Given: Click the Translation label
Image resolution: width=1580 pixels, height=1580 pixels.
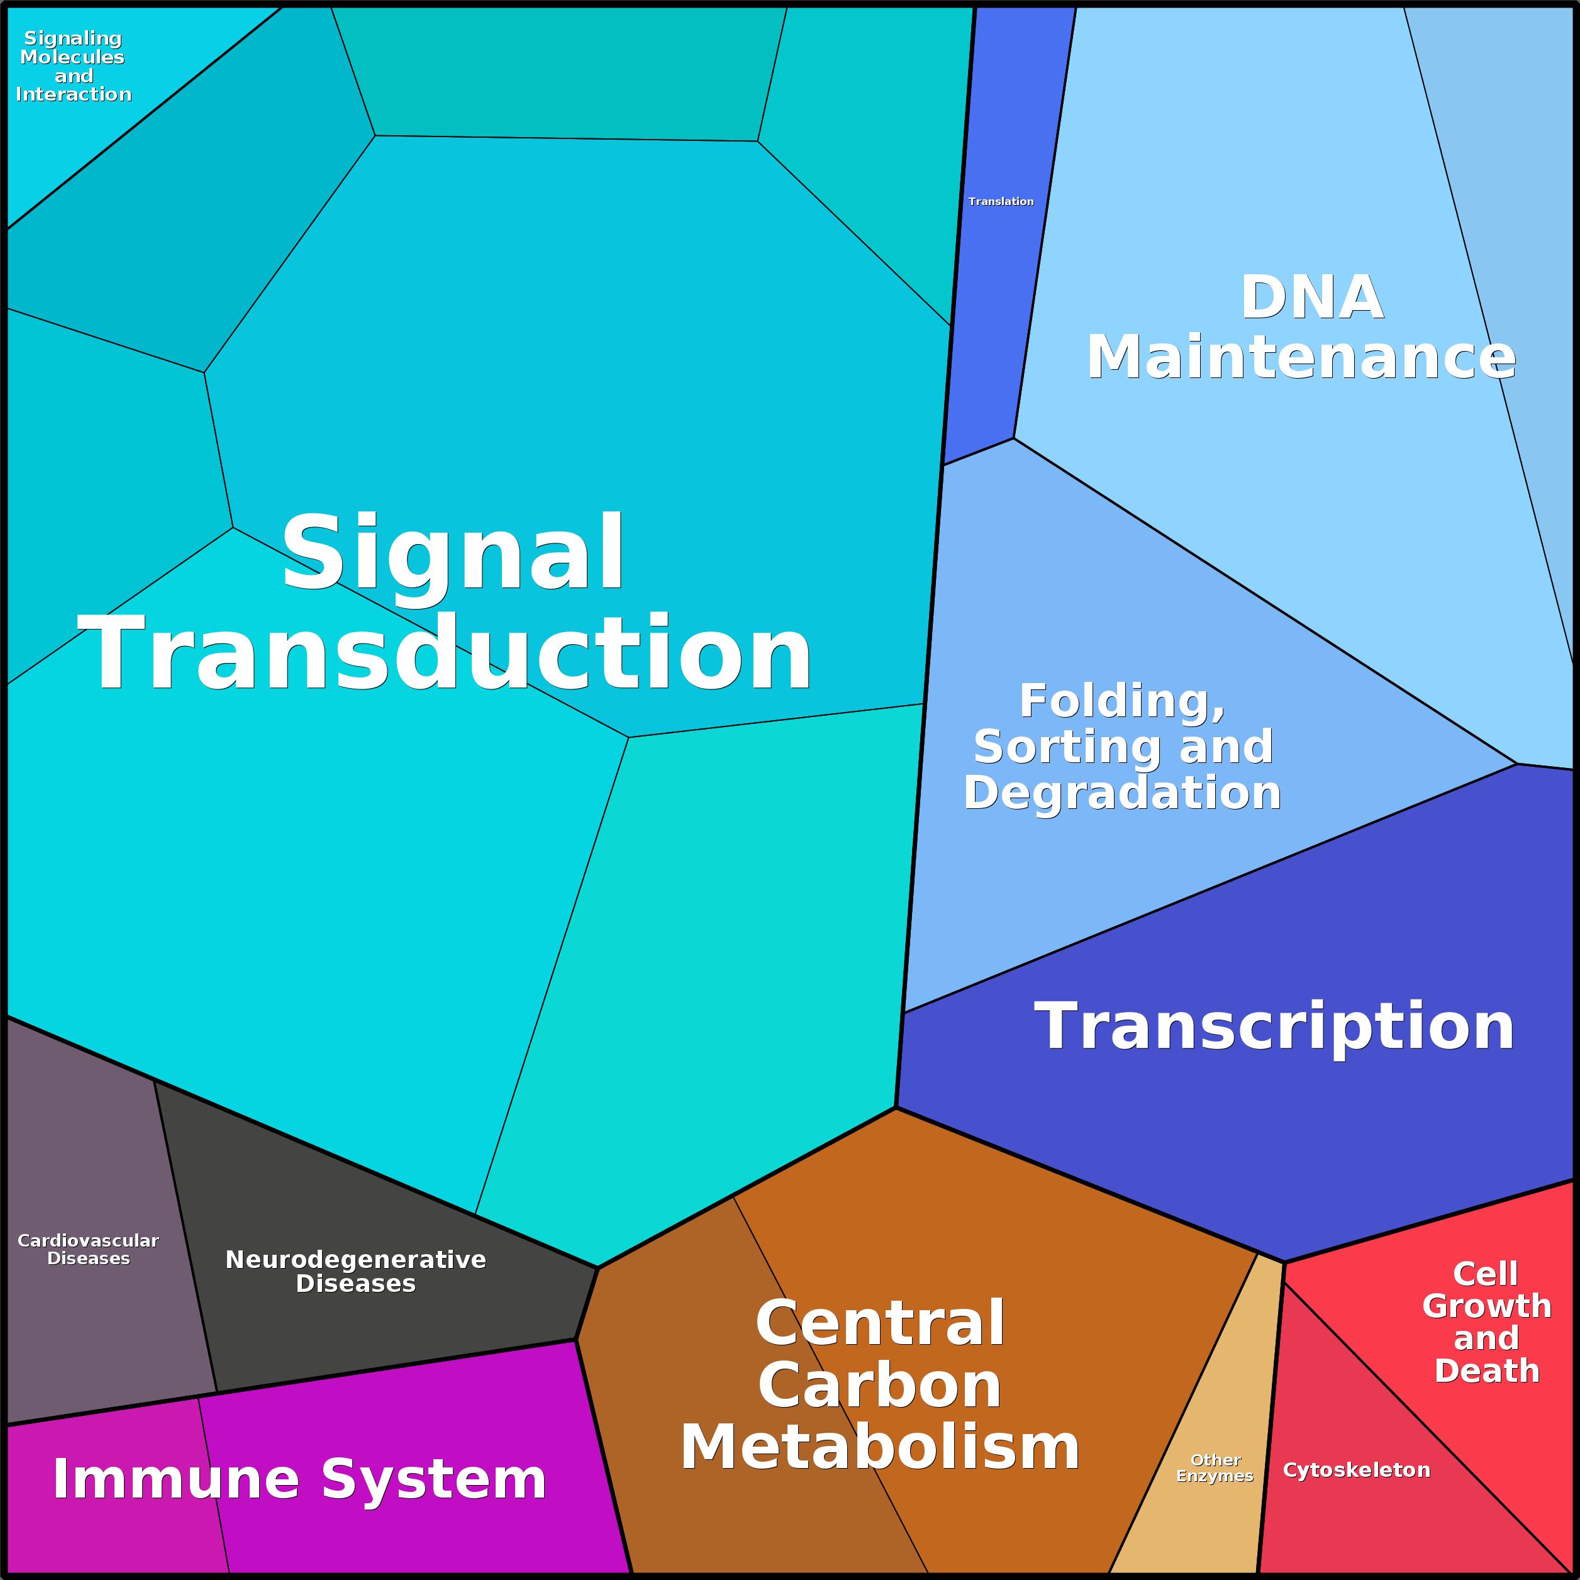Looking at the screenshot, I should click(x=1000, y=201).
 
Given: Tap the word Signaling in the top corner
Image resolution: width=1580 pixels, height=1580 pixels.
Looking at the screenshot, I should click(x=73, y=38).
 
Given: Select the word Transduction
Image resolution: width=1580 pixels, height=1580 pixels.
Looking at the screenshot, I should click(x=444, y=654).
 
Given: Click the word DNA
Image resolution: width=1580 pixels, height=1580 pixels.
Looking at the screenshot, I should click(x=1312, y=297).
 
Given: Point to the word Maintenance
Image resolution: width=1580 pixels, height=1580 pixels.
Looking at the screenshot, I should click(x=1300, y=357).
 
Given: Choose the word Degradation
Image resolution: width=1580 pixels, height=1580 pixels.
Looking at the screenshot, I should click(x=1121, y=793).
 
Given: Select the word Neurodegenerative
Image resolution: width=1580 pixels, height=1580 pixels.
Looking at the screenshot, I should click(x=356, y=1259).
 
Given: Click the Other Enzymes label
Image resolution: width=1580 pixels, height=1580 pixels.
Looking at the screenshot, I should click(x=1215, y=1468).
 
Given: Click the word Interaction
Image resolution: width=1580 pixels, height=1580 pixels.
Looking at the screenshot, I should click(x=74, y=95).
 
